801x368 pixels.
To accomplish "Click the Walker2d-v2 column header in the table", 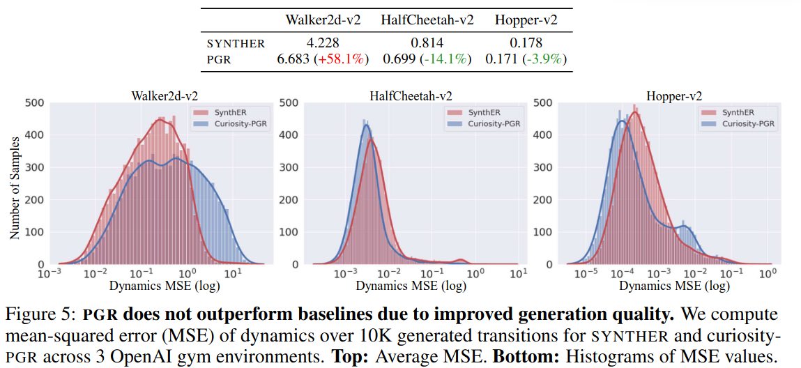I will point(323,20).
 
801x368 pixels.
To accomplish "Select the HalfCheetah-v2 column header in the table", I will point(427,20).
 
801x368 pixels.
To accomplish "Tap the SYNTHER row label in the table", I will point(236,43).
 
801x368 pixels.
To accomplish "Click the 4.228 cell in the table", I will point(323,43).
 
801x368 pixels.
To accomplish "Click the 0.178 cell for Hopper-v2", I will point(527,43).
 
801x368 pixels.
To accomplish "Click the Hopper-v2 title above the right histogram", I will point(674,96).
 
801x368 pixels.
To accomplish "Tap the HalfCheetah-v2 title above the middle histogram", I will point(409,96).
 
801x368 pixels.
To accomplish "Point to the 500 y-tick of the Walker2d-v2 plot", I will point(35,104).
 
